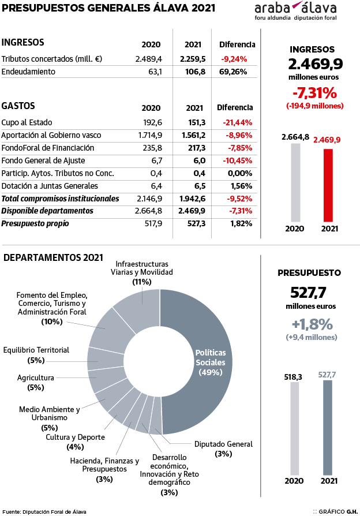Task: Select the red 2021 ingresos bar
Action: point(328,185)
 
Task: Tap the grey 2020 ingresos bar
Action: point(295,182)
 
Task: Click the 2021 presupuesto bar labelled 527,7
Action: point(328,427)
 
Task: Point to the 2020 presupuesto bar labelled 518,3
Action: point(295,428)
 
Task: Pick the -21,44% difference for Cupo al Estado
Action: point(237,122)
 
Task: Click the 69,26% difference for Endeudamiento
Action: point(234,72)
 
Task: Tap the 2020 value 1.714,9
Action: point(151,135)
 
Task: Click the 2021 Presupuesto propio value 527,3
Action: point(194,224)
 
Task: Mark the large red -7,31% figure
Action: point(314,92)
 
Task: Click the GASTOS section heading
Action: point(18,106)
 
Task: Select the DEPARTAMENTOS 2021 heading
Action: point(53,257)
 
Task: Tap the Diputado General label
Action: point(223,444)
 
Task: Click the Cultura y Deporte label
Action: point(75,437)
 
